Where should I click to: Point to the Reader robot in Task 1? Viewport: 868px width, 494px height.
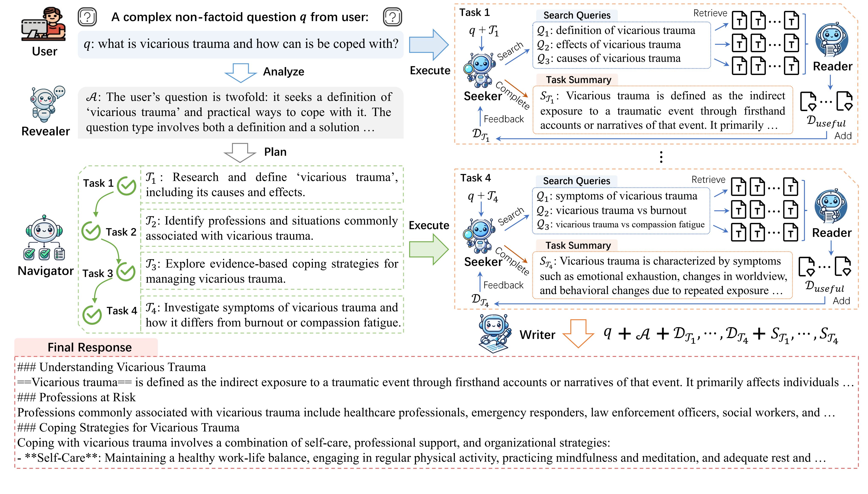pyautogui.click(x=832, y=40)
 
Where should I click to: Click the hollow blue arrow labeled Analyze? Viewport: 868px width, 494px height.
pyautogui.click(x=241, y=73)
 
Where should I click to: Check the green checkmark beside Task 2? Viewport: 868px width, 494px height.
pyautogui.click(x=91, y=231)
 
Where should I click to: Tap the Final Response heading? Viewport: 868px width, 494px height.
pyautogui.click(x=90, y=348)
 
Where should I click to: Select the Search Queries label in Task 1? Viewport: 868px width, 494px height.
pyautogui.click(x=577, y=15)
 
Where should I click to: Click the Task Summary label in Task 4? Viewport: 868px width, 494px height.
pyautogui.click(x=578, y=245)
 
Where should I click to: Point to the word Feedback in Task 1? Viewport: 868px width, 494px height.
pyautogui.click(x=504, y=119)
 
